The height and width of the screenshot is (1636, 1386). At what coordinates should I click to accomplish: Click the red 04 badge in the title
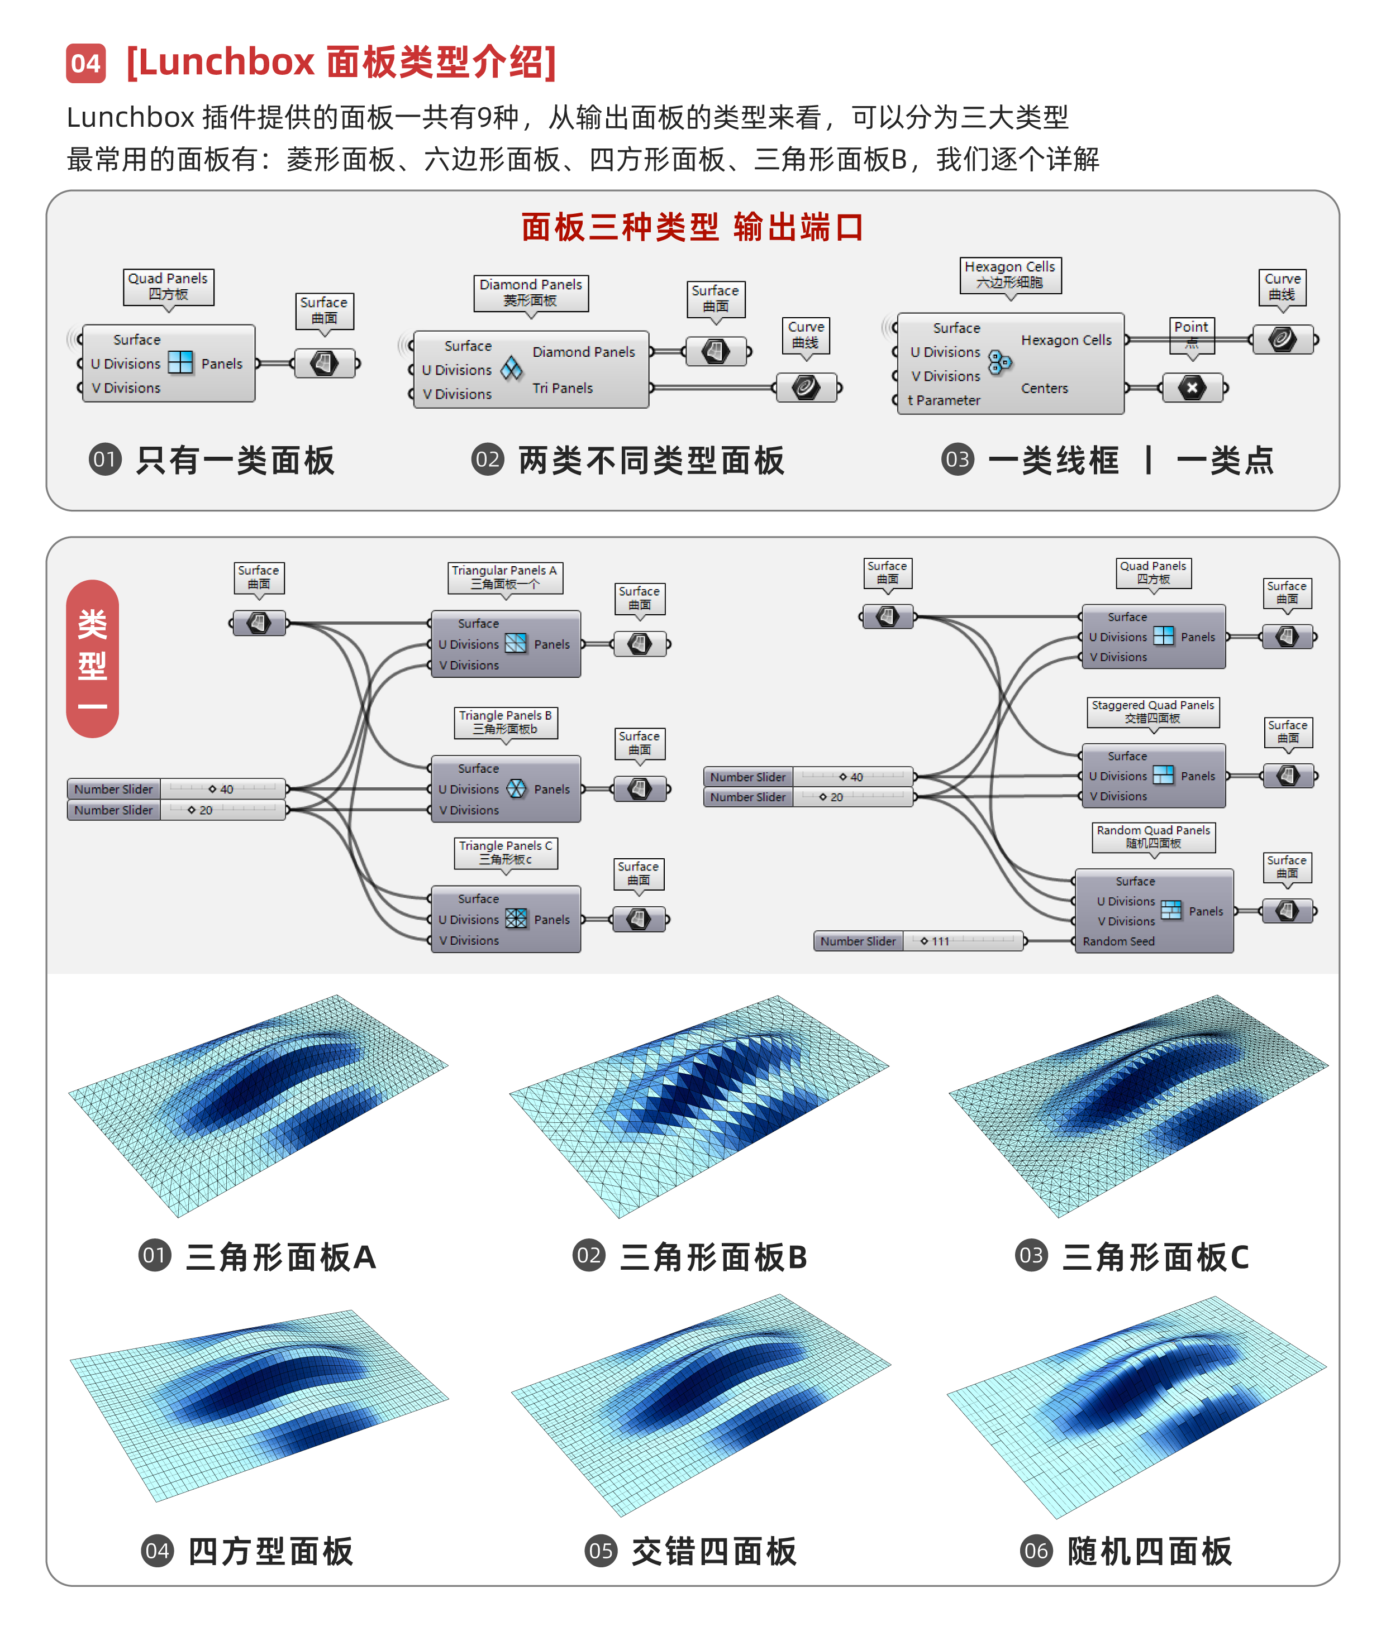pos(85,63)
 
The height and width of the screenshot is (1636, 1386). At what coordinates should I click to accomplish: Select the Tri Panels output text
pos(563,388)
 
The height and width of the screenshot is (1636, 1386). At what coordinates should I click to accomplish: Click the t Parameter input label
pos(944,400)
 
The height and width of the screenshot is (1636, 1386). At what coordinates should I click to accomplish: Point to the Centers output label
pos(1044,388)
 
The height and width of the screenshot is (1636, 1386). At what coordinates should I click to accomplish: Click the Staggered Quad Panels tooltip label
pos(1152,711)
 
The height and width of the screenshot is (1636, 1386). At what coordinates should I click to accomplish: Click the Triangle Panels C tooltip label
pos(505,852)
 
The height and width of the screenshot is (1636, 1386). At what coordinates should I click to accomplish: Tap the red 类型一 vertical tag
pos(93,658)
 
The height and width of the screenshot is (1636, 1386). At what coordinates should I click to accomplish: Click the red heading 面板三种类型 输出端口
pos(692,228)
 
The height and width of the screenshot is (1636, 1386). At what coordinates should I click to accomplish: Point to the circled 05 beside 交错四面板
pos(601,1552)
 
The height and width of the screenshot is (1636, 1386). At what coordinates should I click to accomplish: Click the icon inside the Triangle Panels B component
pos(516,788)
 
